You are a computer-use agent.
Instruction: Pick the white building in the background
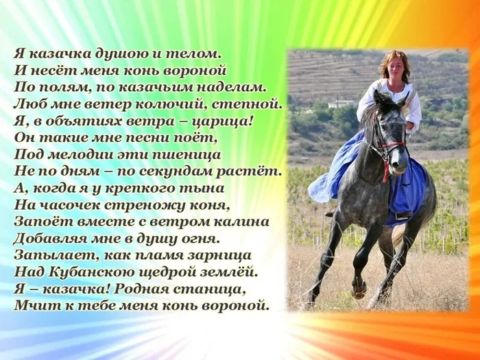(341, 104)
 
